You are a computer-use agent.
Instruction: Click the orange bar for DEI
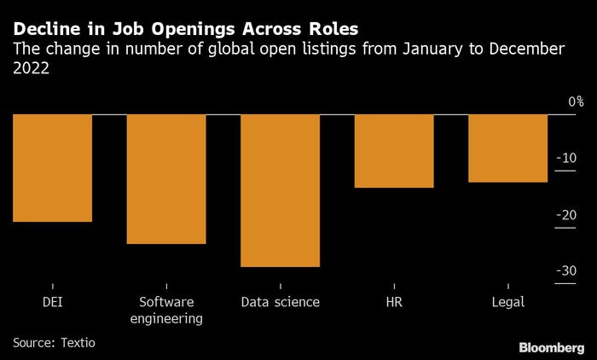click(53, 168)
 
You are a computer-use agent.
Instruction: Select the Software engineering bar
click(166, 179)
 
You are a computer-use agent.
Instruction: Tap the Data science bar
click(281, 190)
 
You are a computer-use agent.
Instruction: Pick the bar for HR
click(394, 151)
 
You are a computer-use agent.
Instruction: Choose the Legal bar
click(508, 148)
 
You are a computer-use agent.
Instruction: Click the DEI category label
click(53, 302)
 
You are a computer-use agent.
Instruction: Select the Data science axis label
click(281, 302)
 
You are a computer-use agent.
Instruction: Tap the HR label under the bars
click(394, 302)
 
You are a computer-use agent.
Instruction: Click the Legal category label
click(508, 302)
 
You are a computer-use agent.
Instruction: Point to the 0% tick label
click(577, 102)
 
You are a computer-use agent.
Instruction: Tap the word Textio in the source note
click(78, 343)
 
